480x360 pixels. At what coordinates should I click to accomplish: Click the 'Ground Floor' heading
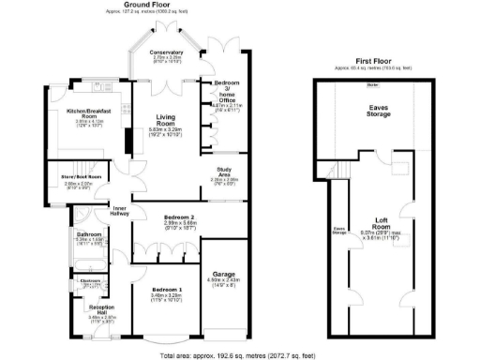pos(149,5)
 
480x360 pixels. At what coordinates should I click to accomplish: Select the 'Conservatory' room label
pos(168,52)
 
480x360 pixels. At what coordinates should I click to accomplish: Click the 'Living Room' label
pos(166,120)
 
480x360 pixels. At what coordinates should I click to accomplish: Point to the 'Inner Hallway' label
pos(122,211)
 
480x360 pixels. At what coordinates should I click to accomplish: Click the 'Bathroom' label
pos(89,233)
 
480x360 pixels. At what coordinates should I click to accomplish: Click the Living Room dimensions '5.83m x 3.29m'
pos(166,131)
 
